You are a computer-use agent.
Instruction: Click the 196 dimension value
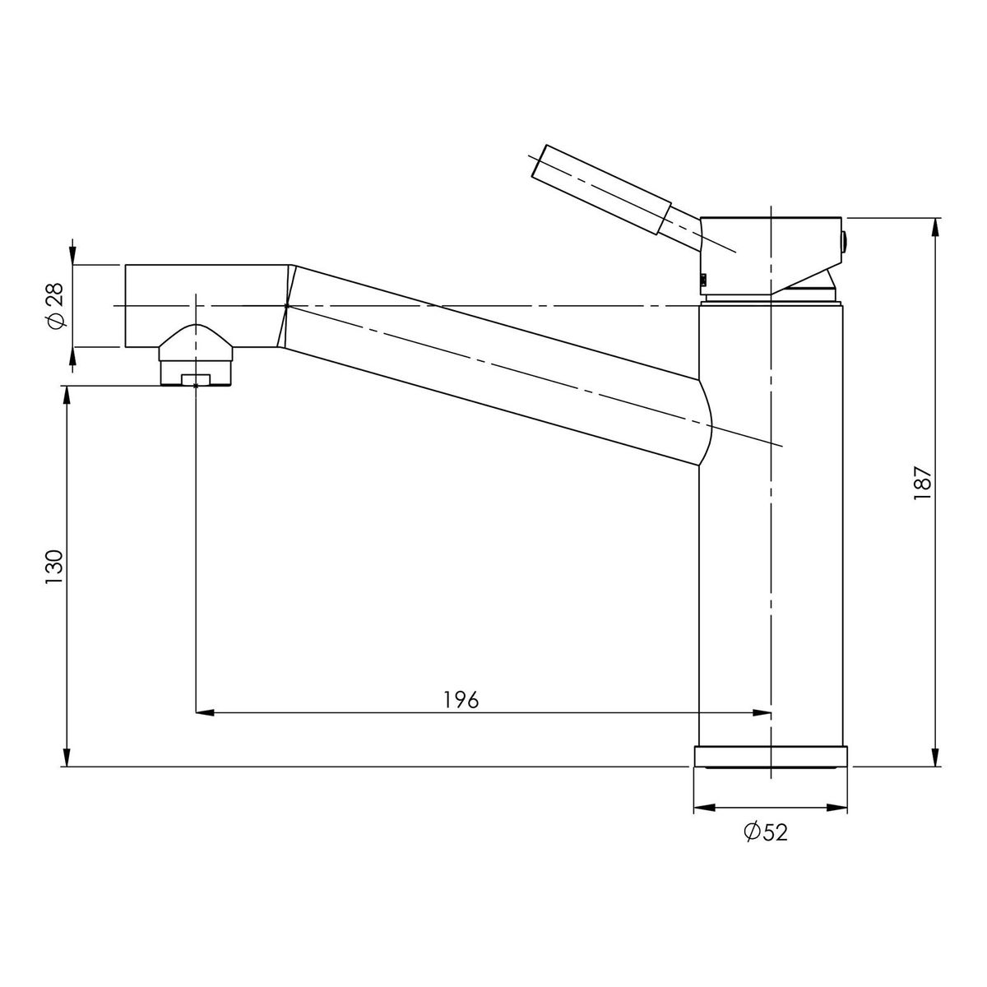(x=461, y=700)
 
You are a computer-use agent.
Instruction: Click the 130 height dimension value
(x=53, y=567)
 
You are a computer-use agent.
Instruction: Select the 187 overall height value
(x=924, y=483)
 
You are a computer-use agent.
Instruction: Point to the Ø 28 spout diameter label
(x=55, y=306)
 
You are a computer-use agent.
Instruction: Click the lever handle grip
(x=601, y=190)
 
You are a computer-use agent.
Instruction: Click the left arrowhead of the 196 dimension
(x=204, y=712)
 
